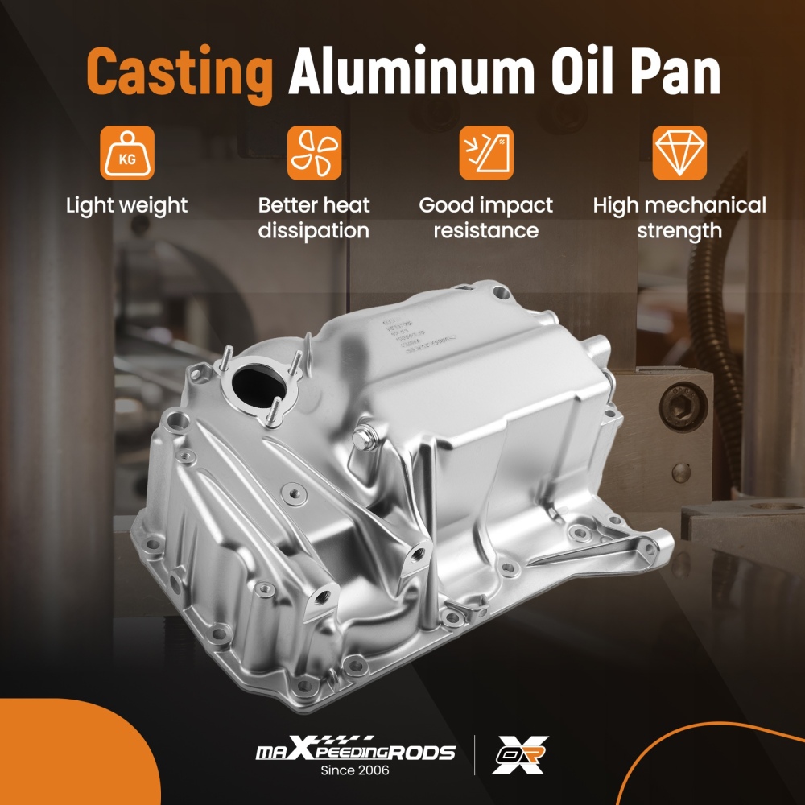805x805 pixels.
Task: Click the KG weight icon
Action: coord(126,152)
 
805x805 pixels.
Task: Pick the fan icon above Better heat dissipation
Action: coord(314,152)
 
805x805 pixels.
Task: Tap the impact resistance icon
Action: coord(485,152)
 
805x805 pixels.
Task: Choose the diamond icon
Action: coord(679,152)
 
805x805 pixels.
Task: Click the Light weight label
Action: coord(126,205)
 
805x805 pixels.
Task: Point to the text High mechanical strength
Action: coord(679,218)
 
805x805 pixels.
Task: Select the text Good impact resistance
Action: coord(485,218)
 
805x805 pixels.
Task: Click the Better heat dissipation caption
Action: coord(314,218)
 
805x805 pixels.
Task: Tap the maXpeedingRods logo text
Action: coord(355,752)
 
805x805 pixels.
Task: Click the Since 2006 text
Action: coord(355,771)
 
